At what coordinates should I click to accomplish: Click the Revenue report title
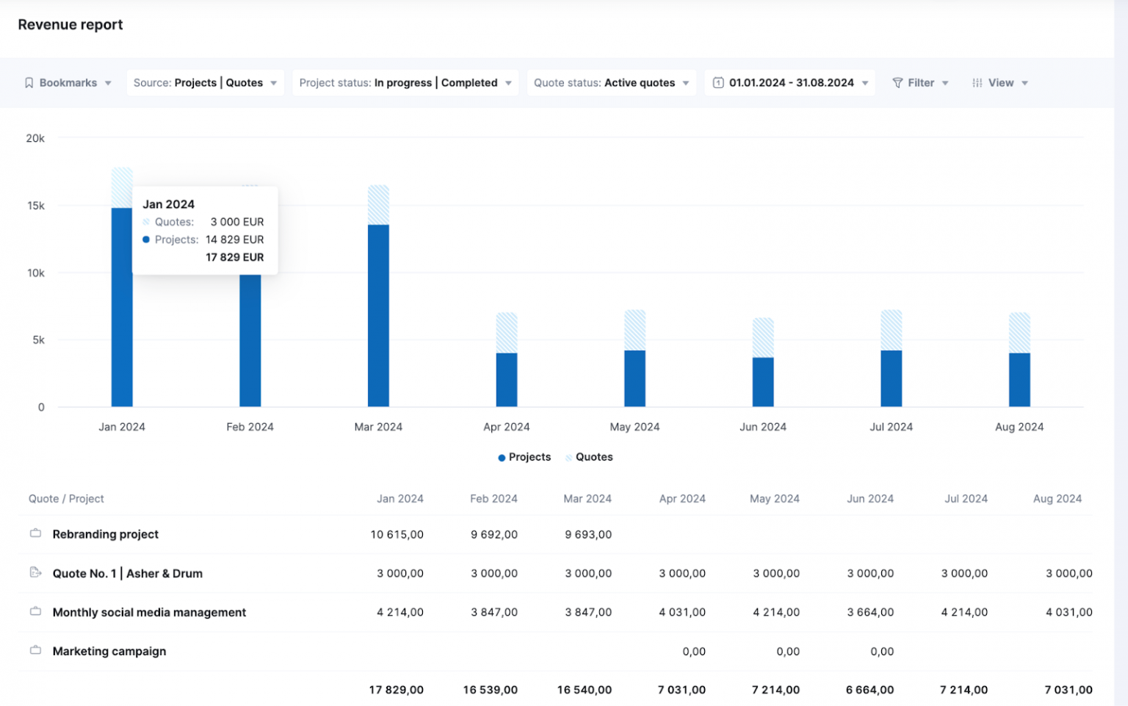point(70,25)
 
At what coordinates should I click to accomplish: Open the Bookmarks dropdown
point(68,83)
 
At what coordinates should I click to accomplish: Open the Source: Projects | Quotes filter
point(205,83)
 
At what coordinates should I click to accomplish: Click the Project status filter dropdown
point(405,83)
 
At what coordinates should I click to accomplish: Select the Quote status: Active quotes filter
point(611,83)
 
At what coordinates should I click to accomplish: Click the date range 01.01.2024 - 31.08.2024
point(790,83)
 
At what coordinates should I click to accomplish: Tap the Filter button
point(920,83)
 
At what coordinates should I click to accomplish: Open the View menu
point(999,83)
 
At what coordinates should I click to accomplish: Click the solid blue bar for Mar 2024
point(378,316)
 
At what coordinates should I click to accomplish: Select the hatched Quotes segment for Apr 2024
point(507,333)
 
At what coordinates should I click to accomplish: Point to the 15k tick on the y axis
point(36,206)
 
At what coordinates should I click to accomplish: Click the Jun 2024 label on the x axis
point(762,427)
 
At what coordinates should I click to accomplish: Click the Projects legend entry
point(524,457)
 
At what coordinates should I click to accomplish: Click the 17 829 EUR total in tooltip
point(234,257)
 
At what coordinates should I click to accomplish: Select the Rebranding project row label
point(105,534)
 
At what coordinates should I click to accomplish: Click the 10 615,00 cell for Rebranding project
point(397,534)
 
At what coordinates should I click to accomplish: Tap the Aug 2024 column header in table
point(1057,499)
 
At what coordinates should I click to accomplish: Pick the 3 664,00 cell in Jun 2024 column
point(870,612)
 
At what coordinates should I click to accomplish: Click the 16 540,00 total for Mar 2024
point(584,690)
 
